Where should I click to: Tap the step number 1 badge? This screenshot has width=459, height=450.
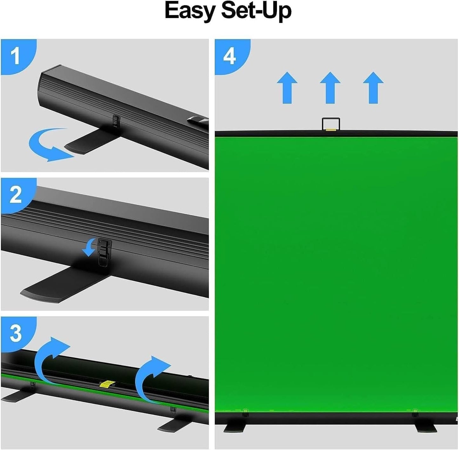point(15,56)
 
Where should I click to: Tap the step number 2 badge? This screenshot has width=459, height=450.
point(16,194)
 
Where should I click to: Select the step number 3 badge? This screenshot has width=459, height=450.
point(16,333)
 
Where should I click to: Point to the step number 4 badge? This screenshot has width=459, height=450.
point(229,56)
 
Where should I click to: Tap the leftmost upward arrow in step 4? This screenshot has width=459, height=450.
point(287,87)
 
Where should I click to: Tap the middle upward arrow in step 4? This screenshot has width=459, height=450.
point(330,87)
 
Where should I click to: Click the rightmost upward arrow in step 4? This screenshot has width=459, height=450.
point(373,87)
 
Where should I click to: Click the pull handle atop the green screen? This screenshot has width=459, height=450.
point(331,124)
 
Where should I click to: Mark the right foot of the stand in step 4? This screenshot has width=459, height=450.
point(425,427)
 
